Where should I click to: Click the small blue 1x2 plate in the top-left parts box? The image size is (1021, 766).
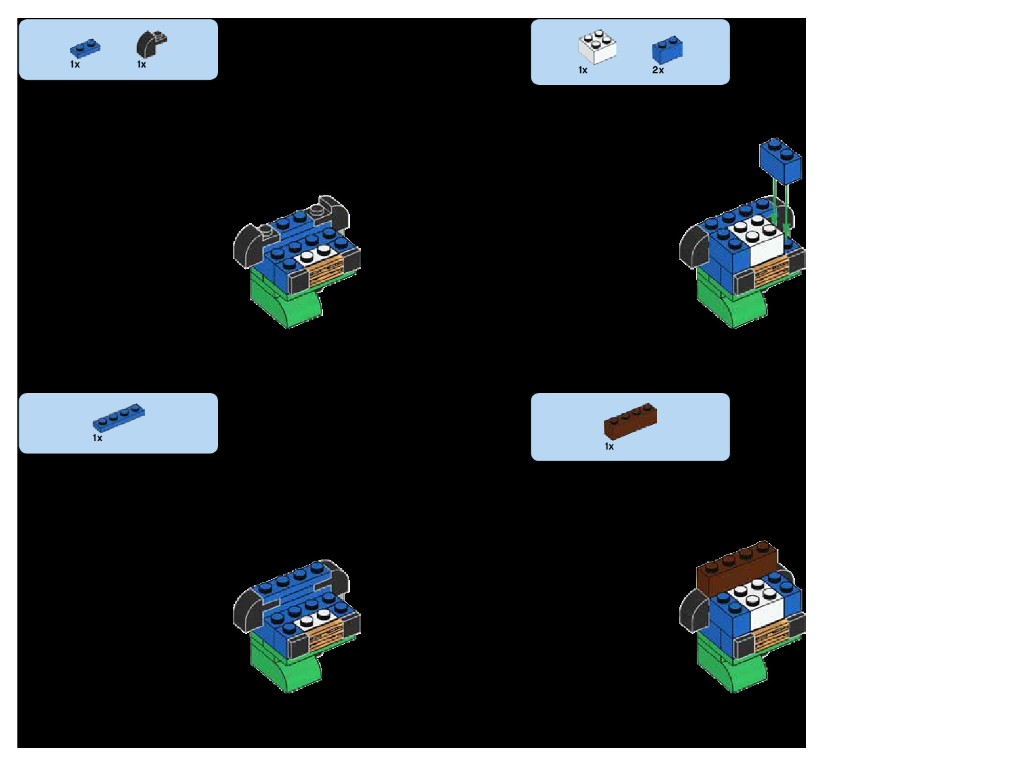(x=85, y=49)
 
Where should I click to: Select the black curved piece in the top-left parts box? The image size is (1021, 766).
(x=150, y=44)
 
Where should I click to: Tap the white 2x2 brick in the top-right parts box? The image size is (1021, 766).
(x=597, y=47)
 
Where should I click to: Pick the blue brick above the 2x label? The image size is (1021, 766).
(x=667, y=50)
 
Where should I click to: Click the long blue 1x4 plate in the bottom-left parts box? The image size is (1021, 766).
(x=118, y=417)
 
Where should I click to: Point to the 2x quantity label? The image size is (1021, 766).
(x=658, y=70)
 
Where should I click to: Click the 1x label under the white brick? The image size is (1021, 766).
(x=583, y=70)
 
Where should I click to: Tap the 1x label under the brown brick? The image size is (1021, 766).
(x=609, y=446)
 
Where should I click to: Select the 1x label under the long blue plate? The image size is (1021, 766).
(x=97, y=438)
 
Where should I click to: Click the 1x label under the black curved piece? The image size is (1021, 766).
(x=142, y=64)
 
